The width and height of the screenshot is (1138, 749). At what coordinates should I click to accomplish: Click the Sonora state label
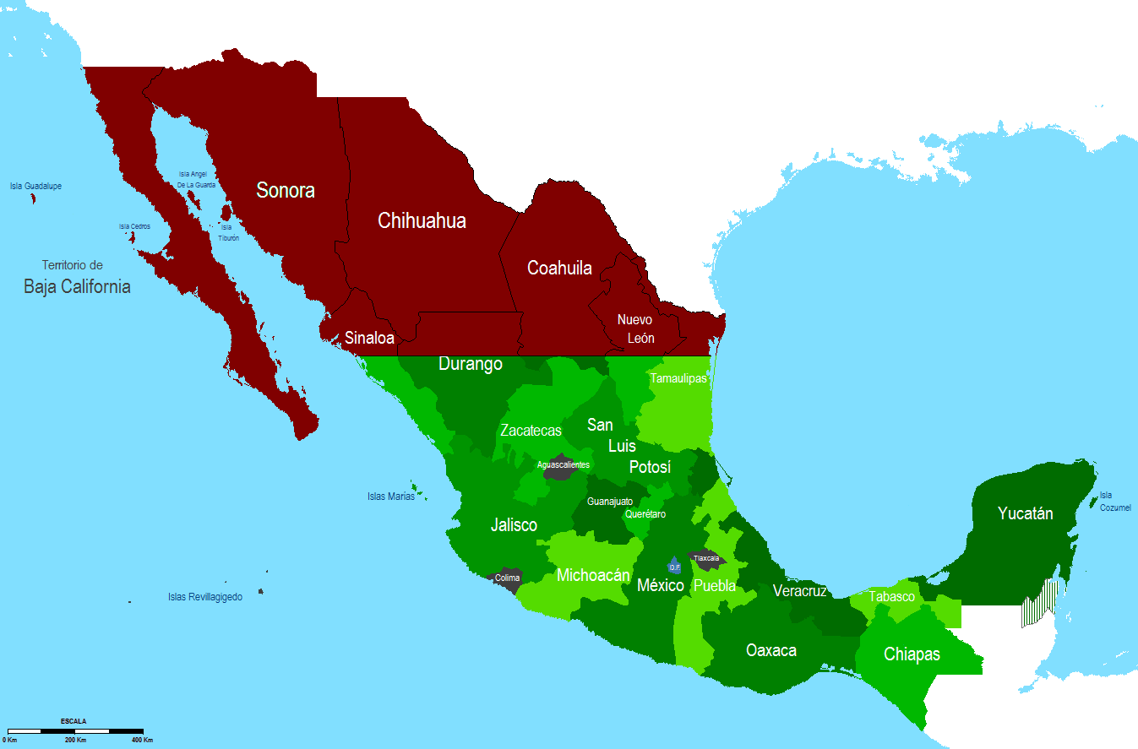(286, 190)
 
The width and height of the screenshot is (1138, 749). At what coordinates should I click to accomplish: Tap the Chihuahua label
(422, 221)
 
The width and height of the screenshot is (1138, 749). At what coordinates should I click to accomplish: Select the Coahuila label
(559, 268)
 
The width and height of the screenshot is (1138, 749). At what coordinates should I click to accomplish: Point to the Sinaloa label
(369, 338)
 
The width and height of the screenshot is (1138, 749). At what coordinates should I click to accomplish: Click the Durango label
(471, 364)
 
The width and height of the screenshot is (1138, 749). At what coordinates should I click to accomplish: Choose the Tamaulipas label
(678, 378)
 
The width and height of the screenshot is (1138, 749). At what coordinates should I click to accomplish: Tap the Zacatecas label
(531, 430)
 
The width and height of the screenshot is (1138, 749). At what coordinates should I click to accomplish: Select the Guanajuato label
(610, 502)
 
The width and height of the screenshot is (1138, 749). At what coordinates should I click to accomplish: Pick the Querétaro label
(645, 514)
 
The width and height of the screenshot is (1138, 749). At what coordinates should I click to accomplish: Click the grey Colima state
(507, 578)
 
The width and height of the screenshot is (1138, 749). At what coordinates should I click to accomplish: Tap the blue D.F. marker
(674, 566)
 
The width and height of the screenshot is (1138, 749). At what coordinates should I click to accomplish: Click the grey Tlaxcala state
(705, 558)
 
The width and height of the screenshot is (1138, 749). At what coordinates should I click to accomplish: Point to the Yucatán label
(1025, 513)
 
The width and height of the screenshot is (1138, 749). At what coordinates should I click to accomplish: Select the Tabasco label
(892, 596)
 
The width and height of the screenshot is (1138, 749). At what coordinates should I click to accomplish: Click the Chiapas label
(912, 654)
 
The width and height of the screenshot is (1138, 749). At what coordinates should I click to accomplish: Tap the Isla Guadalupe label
(35, 186)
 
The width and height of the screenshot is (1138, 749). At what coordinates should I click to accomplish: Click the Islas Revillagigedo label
(205, 597)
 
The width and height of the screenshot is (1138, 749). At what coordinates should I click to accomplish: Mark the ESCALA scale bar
(75, 730)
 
